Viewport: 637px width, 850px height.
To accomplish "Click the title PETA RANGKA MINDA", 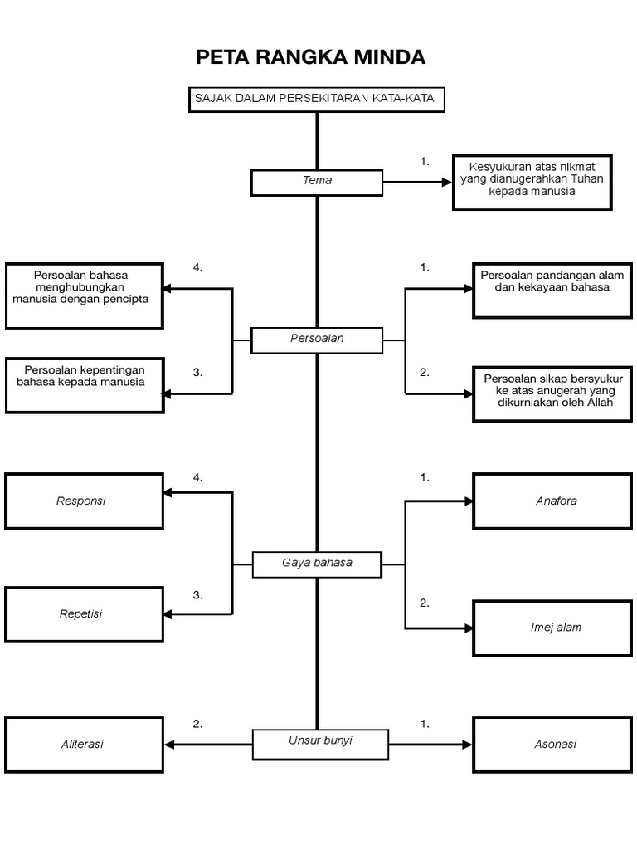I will (x=310, y=57).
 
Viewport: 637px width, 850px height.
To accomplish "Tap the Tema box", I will (x=317, y=182).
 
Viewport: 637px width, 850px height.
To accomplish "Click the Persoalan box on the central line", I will (x=317, y=340).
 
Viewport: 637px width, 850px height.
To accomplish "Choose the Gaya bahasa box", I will (x=317, y=564).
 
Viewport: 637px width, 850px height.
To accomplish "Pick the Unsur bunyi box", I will (x=320, y=744).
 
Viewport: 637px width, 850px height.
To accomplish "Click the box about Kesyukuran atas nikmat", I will (x=532, y=181).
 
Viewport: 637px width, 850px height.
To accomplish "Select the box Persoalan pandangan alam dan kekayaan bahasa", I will (x=552, y=290).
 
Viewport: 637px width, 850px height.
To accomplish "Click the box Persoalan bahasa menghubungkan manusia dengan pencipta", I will (x=84, y=295).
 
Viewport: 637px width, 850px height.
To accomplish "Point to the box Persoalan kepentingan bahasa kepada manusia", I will (x=84, y=384).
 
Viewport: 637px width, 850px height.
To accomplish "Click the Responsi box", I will (x=84, y=501).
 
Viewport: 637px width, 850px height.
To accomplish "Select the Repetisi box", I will (x=84, y=614).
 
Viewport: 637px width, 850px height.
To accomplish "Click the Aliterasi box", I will (x=84, y=745).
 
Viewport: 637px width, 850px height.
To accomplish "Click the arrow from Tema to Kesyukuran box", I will (x=418, y=182).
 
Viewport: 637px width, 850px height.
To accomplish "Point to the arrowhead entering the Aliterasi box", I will (x=169, y=745).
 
